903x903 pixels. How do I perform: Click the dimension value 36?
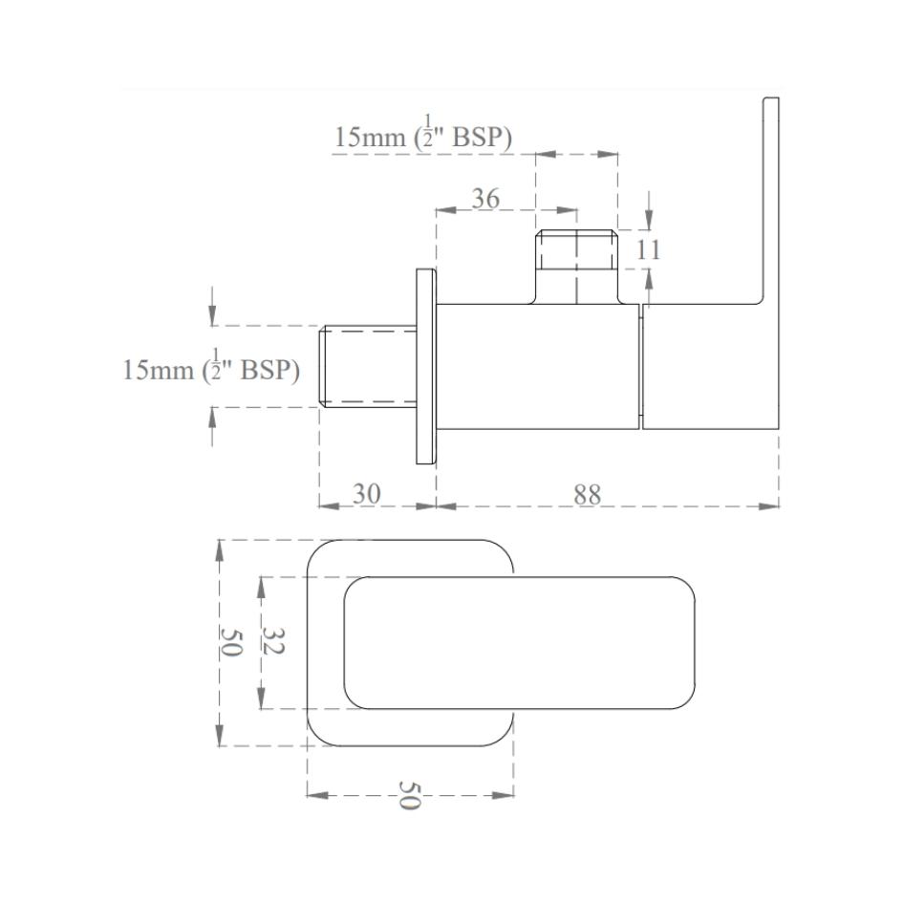click(x=485, y=199)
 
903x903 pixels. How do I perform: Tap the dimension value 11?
click(x=649, y=250)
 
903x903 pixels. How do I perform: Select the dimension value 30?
click(x=367, y=493)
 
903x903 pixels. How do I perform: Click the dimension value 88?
click(x=588, y=493)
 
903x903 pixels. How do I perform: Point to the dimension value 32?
click(x=271, y=642)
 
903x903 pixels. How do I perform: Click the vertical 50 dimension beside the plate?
click(x=230, y=642)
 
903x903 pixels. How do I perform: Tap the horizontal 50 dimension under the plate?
click(x=409, y=795)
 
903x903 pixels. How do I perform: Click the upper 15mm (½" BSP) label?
click(x=423, y=138)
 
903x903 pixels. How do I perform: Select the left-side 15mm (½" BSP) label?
click(x=211, y=370)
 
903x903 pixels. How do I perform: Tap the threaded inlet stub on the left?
click(x=367, y=367)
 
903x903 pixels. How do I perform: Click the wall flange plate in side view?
click(x=425, y=367)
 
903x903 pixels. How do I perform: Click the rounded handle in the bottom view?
click(x=521, y=642)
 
